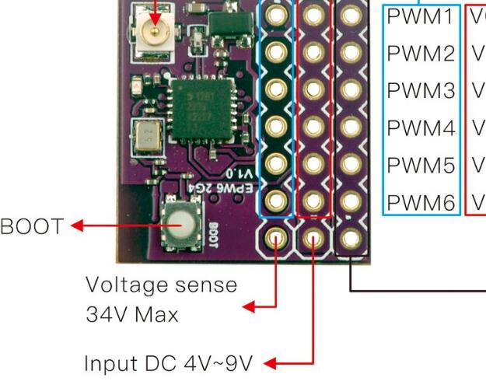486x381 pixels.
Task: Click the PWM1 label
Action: tap(419, 16)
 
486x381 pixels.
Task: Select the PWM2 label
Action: tap(419, 54)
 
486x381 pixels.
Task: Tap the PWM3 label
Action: tap(419, 91)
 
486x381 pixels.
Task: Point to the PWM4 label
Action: tap(419, 128)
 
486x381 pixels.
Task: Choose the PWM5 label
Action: tap(419, 166)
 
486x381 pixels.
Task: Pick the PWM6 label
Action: tap(419, 203)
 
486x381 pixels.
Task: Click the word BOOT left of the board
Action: tap(33, 227)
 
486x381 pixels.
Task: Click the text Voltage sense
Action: tap(161, 285)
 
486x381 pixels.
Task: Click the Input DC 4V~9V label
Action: tap(173, 362)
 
